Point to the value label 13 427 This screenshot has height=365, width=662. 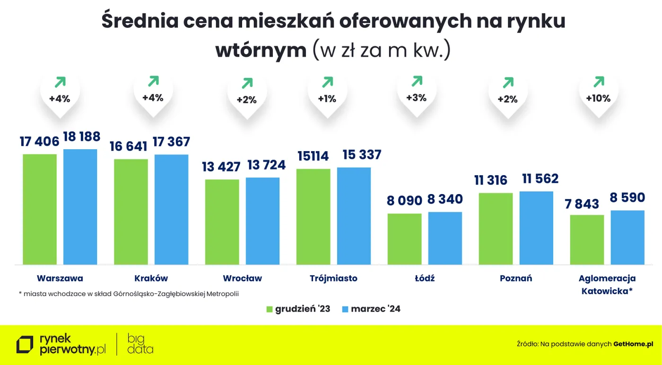(x=221, y=167)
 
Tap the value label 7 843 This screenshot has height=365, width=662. (x=581, y=204)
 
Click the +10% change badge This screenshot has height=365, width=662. (x=598, y=99)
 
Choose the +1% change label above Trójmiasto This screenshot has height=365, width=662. (x=327, y=99)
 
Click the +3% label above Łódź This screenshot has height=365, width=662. (x=416, y=98)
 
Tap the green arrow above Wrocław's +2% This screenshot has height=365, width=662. (x=247, y=84)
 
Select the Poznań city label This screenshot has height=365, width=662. (x=516, y=278)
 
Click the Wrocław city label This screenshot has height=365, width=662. (x=242, y=278)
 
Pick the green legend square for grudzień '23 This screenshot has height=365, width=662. (x=269, y=309)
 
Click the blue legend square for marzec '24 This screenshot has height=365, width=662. (x=345, y=309)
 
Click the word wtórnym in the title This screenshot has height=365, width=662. (x=261, y=50)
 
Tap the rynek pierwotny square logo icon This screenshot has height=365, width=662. (x=25, y=345)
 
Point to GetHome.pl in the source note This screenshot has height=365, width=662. (x=633, y=344)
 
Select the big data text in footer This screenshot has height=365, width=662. (x=140, y=344)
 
